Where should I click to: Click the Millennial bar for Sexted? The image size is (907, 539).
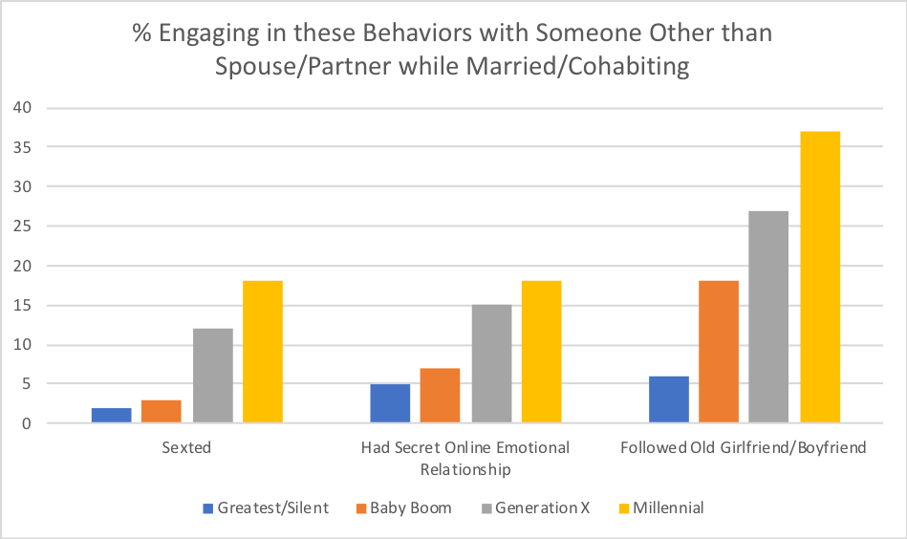pyautogui.click(x=263, y=352)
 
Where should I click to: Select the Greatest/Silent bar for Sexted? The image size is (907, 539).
pyautogui.click(x=112, y=416)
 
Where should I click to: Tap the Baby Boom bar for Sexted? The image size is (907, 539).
pyautogui.click(x=162, y=412)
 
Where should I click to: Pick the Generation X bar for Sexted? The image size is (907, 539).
pyautogui.click(x=213, y=376)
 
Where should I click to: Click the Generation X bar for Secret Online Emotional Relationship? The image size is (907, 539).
pyautogui.click(x=491, y=364)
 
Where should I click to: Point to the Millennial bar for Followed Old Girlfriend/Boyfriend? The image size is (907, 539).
pyautogui.click(x=819, y=277)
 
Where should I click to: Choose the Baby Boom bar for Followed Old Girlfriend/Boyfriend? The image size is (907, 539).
pyautogui.click(x=718, y=352)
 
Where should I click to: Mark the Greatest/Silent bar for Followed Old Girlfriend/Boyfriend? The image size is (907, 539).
pyautogui.click(x=668, y=399)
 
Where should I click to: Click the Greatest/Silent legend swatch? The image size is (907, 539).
pyautogui.click(x=208, y=507)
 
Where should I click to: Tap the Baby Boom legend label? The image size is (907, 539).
pyautogui.click(x=410, y=507)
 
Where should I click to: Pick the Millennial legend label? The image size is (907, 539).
pyautogui.click(x=667, y=507)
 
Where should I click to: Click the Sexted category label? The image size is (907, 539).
pyautogui.click(x=187, y=447)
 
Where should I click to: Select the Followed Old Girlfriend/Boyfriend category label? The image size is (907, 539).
pyautogui.click(x=744, y=447)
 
